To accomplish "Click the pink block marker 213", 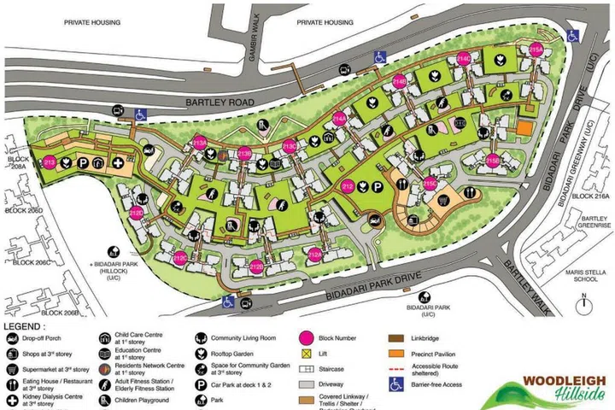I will tap(49, 161).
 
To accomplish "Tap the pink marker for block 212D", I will tap(137, 212).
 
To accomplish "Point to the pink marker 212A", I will tap(314, 254).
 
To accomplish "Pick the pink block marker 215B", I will tap(494, 159).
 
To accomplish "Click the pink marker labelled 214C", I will tap(464, 60).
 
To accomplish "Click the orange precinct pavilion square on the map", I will tap(525, 126).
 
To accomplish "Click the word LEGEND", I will tap(27, 325).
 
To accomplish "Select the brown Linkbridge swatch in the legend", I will tap(395, 338).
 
